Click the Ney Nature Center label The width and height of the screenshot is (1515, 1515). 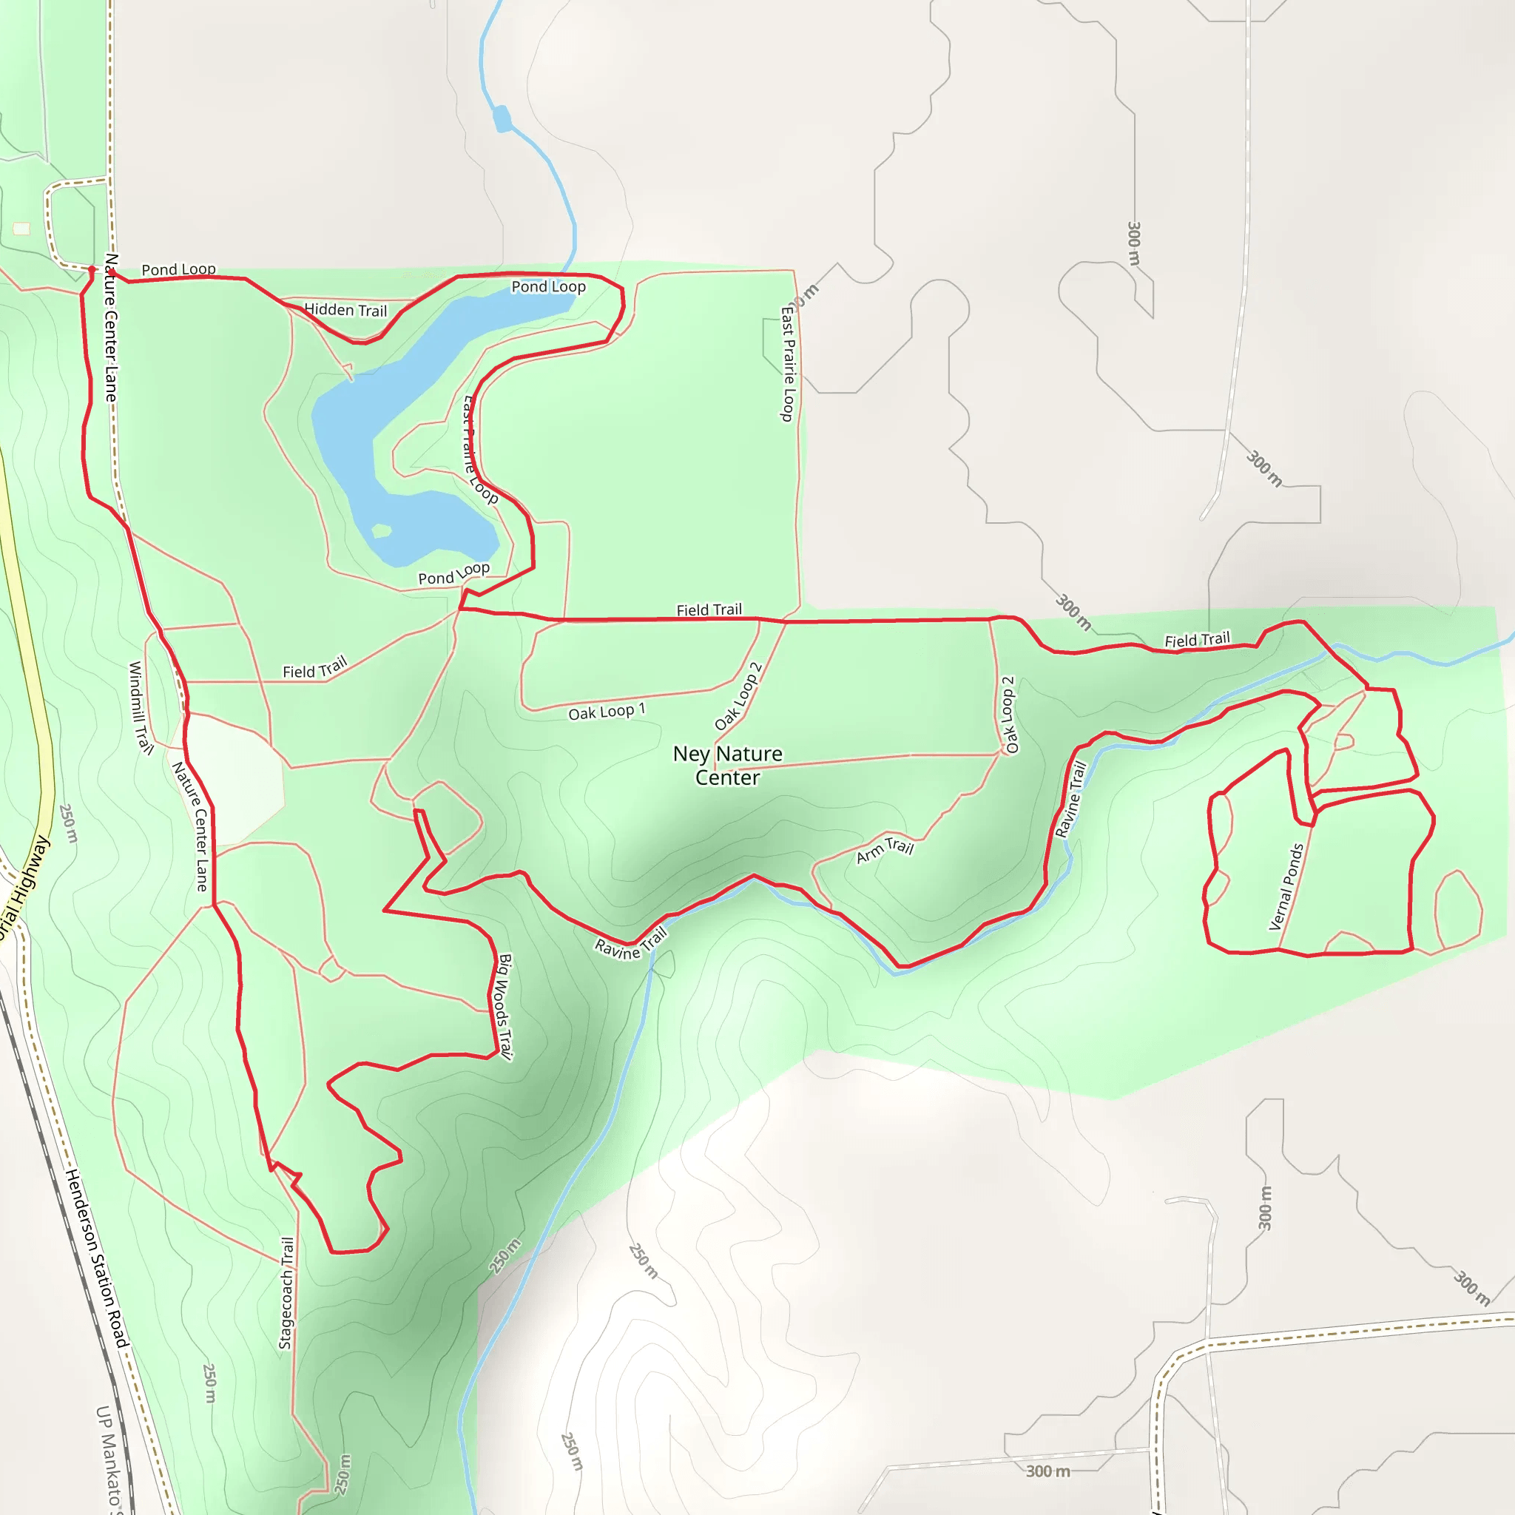727,766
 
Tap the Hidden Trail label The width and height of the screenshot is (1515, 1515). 345,310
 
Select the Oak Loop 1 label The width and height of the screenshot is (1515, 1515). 606,711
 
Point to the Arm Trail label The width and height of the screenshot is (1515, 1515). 885,849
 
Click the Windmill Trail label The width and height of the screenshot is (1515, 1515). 141,707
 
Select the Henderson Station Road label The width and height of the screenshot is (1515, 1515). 96,1258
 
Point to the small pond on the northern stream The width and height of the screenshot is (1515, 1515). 502,119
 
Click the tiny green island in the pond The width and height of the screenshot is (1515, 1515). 381,531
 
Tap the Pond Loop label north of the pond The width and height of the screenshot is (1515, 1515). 548,287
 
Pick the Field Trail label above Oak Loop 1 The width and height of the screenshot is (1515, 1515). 709,610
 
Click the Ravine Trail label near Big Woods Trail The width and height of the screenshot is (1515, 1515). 630,942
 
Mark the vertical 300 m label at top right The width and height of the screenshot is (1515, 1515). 1133,243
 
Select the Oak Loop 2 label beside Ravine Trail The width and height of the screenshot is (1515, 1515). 1008,715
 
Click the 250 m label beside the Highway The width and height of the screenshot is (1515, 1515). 69,823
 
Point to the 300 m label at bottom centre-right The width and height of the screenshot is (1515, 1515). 1047,1471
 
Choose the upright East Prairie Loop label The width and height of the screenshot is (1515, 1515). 787,363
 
